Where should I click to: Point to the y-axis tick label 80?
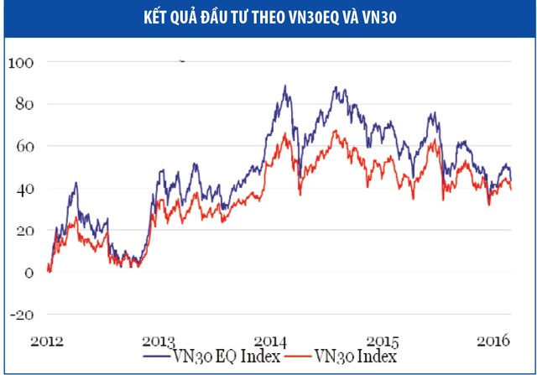click(x=23, y=105)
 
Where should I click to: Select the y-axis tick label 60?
click(x=23, y=147)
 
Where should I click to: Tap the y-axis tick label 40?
click(x=23, y=190)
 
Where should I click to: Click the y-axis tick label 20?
click(x=23, y=232)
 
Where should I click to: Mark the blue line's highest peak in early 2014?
click(x=285, y=86)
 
